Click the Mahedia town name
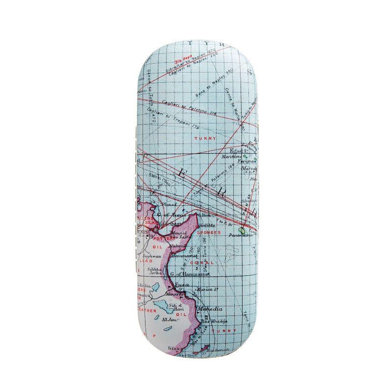pos(210,309)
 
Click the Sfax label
pos(172,348)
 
